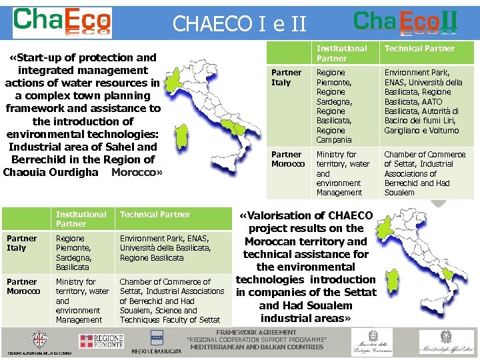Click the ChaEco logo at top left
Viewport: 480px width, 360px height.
point(62,23)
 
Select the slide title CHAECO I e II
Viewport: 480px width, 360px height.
point(239,24)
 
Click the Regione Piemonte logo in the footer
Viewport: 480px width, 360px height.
point(101,341)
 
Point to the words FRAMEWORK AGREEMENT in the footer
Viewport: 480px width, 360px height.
point(257,332)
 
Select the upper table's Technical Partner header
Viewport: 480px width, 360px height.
point(419,49)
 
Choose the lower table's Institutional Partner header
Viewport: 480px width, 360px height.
point(81,219)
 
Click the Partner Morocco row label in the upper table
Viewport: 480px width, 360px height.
point(288,159)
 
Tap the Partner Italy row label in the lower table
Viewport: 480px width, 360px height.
point(21,243)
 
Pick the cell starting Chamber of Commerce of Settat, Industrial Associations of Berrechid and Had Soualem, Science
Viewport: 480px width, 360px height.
point(171,301)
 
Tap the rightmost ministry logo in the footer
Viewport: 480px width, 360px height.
point(447,342)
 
